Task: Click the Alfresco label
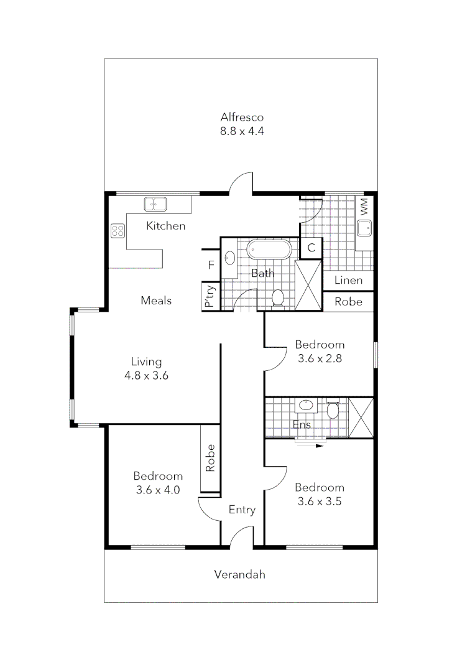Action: [242, 117]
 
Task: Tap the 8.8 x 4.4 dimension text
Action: [242, 131]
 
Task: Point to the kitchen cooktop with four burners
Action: [118, 231]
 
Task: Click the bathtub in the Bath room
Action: [269, 250]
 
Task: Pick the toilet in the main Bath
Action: [278, 298]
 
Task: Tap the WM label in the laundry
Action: [364, 206]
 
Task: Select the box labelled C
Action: [311, 248]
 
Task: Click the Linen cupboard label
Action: [348, 280]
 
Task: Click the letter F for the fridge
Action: [211, 265]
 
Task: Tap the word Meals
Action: [156, 301]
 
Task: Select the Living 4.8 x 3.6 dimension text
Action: [147, 376]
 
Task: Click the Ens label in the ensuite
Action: [302, 425]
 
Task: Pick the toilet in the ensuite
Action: [332, 409]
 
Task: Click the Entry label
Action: [242, 510]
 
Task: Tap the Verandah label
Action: [239, 574]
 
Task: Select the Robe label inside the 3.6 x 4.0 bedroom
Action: [210, 458]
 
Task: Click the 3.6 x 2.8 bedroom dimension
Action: [320, 358]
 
